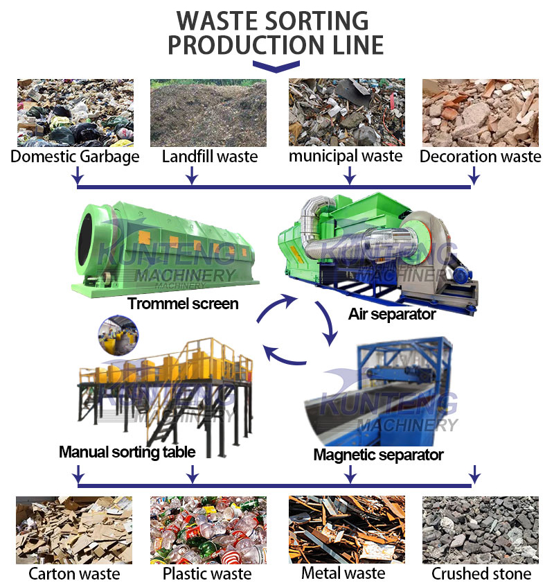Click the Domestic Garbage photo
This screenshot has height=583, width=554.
pos(75,112)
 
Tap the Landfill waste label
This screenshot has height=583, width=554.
pos(209,157)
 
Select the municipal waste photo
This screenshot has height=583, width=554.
pos(346,112)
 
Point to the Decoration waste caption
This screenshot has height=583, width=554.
pos(481,157)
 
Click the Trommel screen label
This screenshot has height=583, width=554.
pos(183,303)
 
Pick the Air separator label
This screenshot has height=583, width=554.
pos(392,314)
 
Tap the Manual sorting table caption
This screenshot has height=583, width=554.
pos(127,452)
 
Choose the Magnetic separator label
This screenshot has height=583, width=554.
pos(378,455)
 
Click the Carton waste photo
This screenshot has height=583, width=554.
pos(74,530)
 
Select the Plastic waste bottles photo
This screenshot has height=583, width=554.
pos(208,530)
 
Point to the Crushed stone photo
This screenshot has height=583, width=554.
pos(481,530)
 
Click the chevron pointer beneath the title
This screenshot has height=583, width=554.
pos(276,67)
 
